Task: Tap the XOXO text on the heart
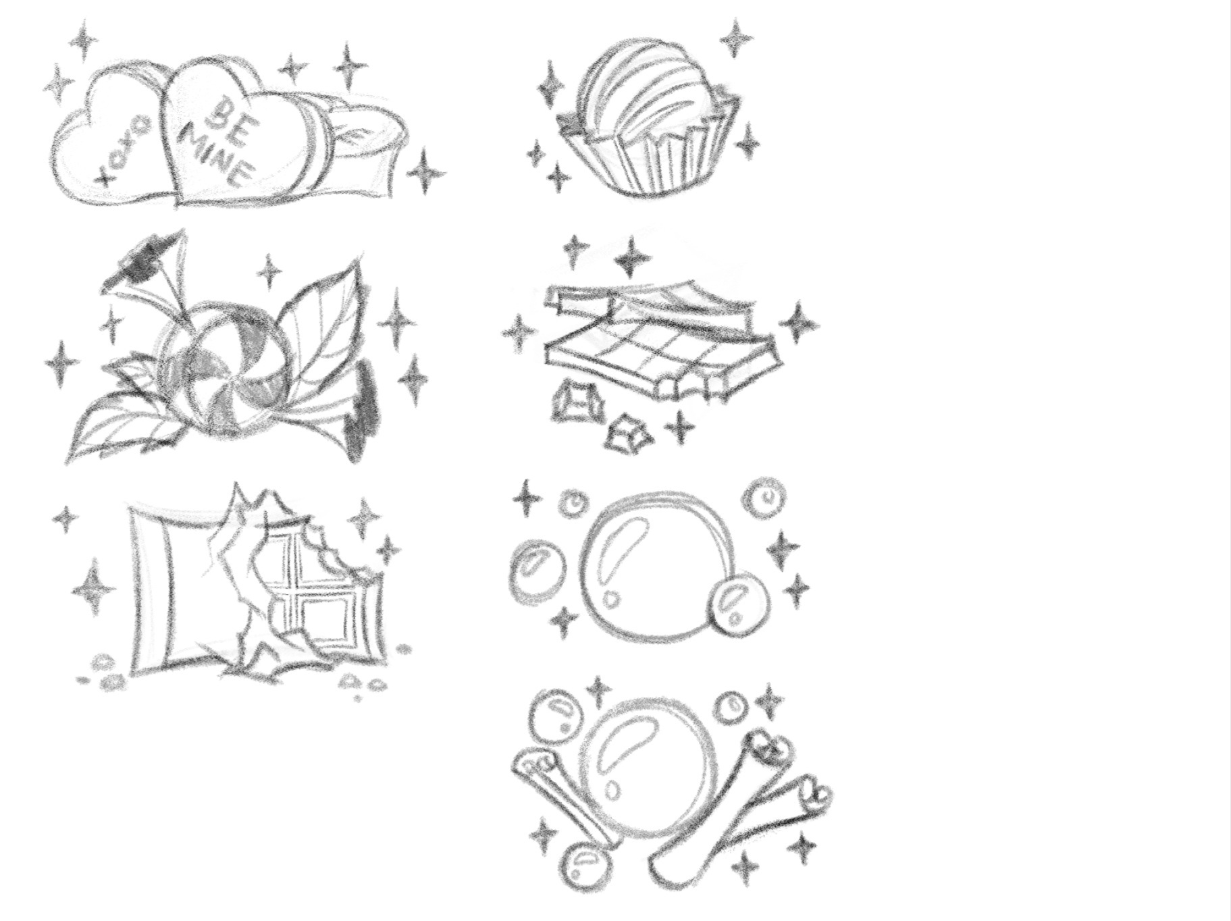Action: coord(124,149)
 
